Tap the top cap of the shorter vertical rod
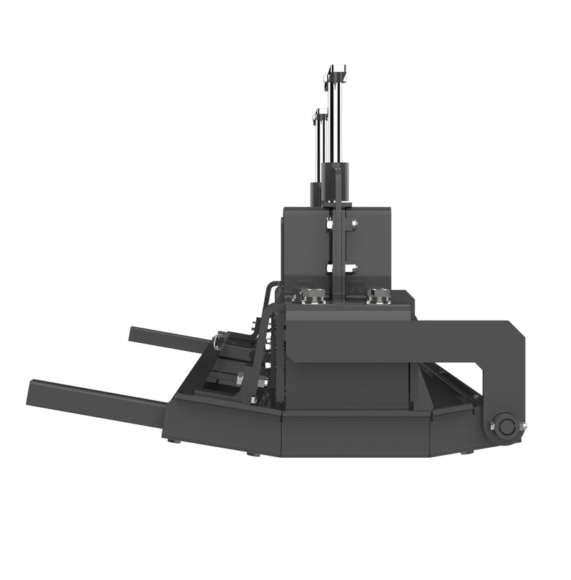320,114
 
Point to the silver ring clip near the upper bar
218,342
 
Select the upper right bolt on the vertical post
353,224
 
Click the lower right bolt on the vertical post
353,269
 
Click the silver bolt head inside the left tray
240,378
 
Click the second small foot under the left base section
252,454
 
